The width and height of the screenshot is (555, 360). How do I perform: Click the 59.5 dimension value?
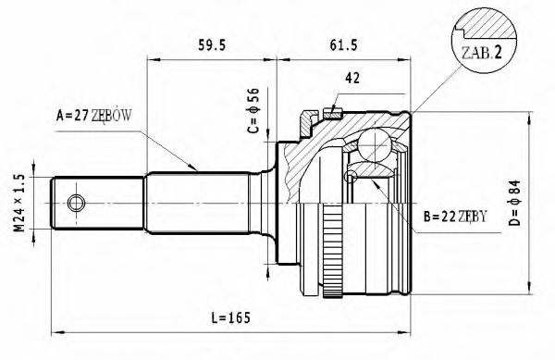pyautogui.click(x=212, y=42)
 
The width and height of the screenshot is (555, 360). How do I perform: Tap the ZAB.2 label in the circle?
pyautogui.click(x=482, y=52)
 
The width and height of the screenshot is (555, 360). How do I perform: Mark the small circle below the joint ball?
pyautogui.click(x=351, y=177)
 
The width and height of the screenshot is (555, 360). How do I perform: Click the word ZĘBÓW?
pyautogui.click(x=115, y=116)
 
